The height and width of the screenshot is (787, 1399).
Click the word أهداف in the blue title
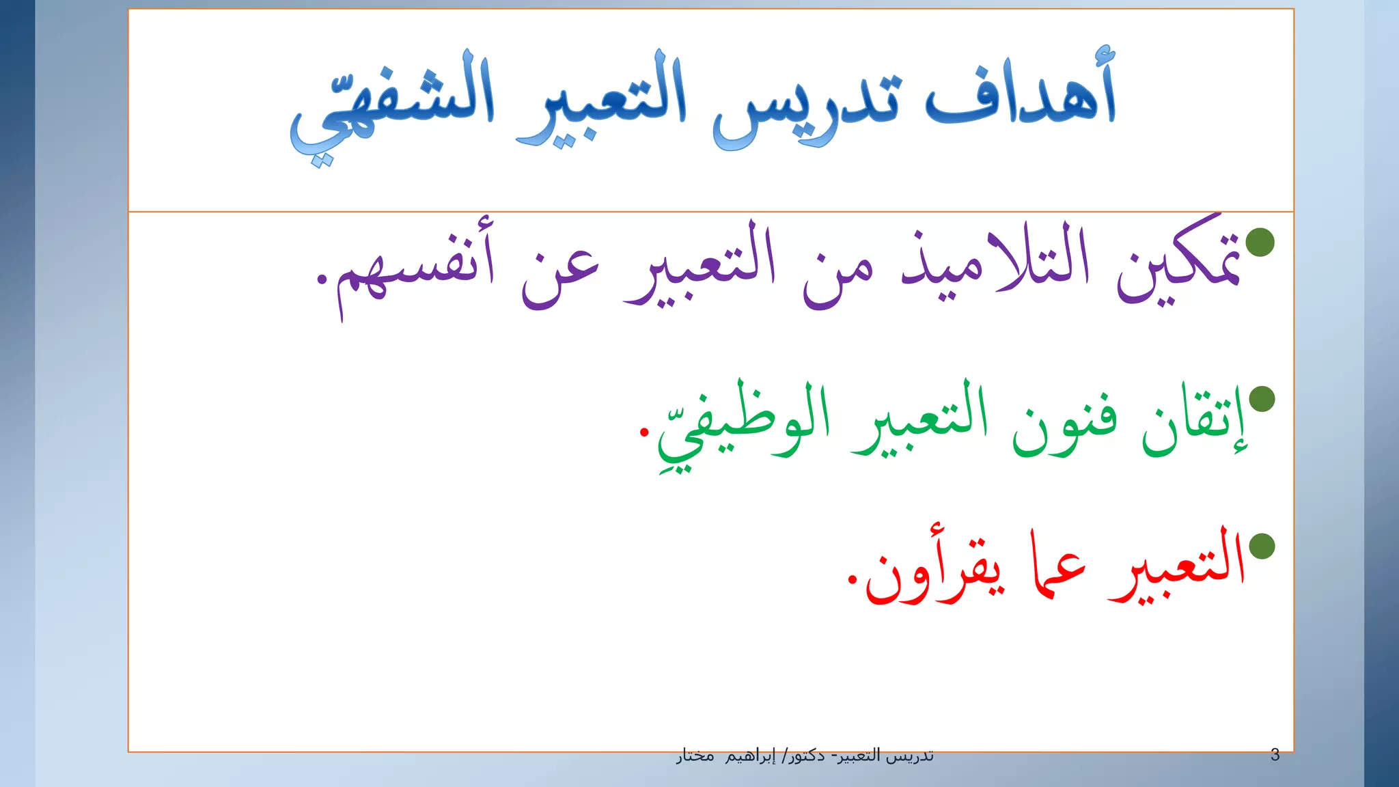click(x=1021, y=92)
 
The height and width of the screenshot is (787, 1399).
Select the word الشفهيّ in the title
click(x=392, y=102)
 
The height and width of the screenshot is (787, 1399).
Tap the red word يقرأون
click(x=936, y=570)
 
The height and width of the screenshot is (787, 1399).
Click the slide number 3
click(x=1275, y=755)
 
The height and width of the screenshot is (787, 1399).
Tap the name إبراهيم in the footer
click(x=750, y=756)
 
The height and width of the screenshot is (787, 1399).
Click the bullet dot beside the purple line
click(x=1260, y=242)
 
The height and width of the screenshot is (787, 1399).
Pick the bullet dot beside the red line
click(x=1262, y=546)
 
